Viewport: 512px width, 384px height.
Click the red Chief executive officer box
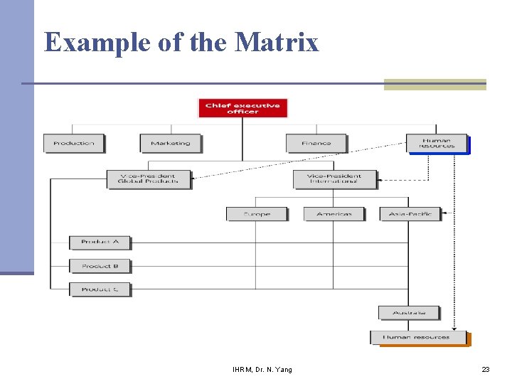click(x=242, y=109)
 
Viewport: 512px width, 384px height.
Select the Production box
click(x=74, y=143)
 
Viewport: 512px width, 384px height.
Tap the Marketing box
click(x=171, y=143)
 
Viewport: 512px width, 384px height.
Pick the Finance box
click(x=316, y=143)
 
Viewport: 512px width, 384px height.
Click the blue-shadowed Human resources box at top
click(x=437, y=143)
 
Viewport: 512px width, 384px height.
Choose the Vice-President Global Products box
click(x=149, y=178)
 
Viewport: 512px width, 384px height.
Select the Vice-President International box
click(x=335, y=178)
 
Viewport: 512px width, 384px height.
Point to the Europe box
click(x=257, y=213)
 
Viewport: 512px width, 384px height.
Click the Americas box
click(x=334, y=213)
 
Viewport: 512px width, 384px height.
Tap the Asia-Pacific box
click(x=410, y=213)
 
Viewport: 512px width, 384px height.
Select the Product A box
click(x=100, y=242)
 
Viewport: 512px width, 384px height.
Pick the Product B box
click(x=100, y=266)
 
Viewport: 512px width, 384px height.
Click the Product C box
click(x=100, y=289)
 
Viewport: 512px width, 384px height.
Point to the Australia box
click(x=409, y=313)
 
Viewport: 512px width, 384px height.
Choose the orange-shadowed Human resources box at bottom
click(x=418, y=337)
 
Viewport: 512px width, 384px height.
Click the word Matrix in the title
click(x=277, y=42)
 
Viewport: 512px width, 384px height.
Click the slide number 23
click(x=486, y=370)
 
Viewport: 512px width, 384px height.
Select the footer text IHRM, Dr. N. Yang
click(x=262, y=370)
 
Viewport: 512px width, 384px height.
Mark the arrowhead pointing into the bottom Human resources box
click(x=455, y=329)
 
